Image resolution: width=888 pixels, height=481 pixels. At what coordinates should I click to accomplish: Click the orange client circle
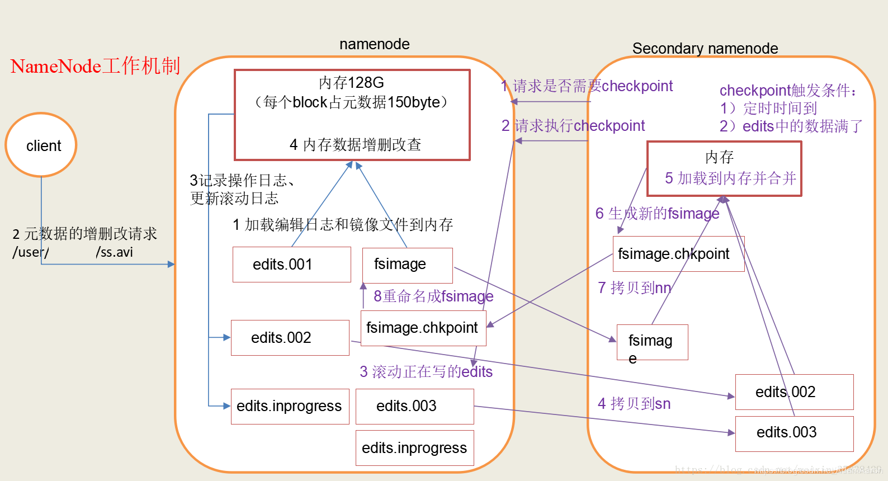tap(41, 145)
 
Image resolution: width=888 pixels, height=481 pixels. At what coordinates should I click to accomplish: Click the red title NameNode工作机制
tap(95, 66)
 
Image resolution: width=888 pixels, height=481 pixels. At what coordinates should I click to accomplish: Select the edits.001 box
tap(291, 265)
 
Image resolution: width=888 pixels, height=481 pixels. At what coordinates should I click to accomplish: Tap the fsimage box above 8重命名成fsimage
tap(407, 265)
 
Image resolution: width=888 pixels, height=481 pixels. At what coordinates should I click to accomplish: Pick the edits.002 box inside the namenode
tap(290, 338)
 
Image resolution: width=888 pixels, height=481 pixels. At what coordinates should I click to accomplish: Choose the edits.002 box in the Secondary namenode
tap(794, 392)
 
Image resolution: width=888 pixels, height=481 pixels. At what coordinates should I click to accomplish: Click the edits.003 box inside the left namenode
tap(414, 406)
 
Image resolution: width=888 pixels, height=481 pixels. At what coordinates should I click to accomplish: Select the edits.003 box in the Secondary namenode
tap(794, 433)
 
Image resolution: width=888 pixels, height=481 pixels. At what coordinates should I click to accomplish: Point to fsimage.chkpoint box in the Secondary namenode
tap(678, 254)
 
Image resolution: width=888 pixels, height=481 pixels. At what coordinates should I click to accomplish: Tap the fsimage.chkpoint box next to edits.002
tap(423, 328)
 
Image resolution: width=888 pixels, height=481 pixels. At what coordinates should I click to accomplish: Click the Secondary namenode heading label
tap(705, 49)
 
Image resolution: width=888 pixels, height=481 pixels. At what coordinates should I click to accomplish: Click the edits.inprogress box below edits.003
tap(414, 448)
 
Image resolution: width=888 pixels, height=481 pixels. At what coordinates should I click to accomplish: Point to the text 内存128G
tap(351, 83)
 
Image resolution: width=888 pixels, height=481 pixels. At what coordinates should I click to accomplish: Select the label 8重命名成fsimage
tap(433, 296)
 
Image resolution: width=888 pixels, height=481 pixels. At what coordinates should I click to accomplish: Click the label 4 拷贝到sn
tap(634, 404)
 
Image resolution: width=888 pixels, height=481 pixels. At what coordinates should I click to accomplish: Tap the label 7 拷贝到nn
tap(634, 288)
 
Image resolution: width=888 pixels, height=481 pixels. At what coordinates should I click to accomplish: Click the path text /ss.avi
tap(114, 252)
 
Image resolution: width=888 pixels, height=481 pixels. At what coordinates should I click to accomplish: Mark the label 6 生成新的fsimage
tap(657, 214)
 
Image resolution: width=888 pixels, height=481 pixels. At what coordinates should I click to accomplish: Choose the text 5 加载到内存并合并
tap(730, 178)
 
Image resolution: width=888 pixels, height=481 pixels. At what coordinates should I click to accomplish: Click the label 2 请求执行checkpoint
tap(573, 126)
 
